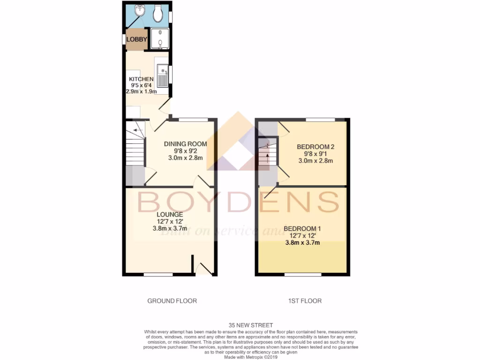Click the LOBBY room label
[x=136, y=39]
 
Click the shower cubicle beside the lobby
[x=159, y=39]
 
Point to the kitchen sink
[x=162, y=75]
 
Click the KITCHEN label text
[x=141, y=79]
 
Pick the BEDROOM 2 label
[x=315, y=146]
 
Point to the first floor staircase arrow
[x=268, y=157]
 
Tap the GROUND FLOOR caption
[x=172, y=300]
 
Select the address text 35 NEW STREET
[x=251, y=325]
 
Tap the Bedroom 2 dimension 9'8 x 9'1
[x=315, y=153]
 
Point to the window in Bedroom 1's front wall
[x=302, y=275]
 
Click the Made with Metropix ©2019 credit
[x=251, y=357]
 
